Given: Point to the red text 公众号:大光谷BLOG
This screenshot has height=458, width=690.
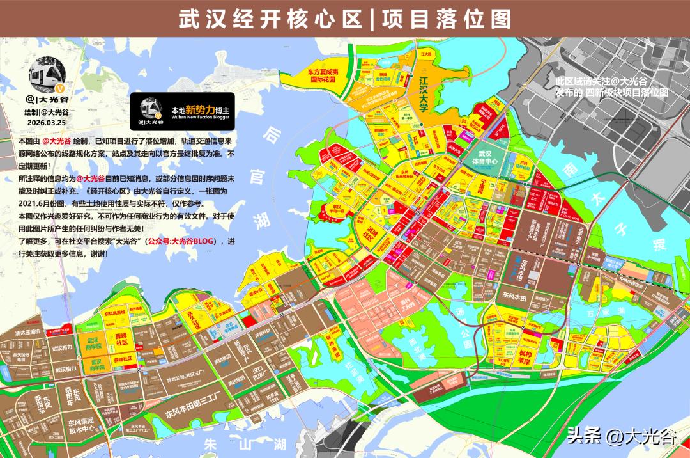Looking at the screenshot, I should click(183, 241).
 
